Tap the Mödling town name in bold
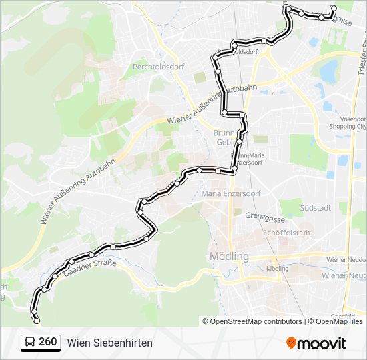pyautogui.click(x=229, y=256)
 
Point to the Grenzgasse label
pyautogui.click(x=265, y=216)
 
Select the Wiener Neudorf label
pyautogui.click(x=346, y=259)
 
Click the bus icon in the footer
pyautogui.click(x=29, y=343)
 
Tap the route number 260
pyautogui.click(x=47, y=342)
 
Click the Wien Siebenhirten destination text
pyautogui.click(x=109, y=343)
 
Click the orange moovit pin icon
pyautogui.click(x=291, y=343)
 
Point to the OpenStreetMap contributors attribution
pyautogui.click(x=255, y=321)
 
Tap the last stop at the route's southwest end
pyautogui.click(x=37, y=321)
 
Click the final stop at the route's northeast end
pyautogui.click(x=334, y=8)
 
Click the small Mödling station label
pyautogui.click(x=277, y=269)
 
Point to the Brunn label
pyautogui.click(x=222, y=133)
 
